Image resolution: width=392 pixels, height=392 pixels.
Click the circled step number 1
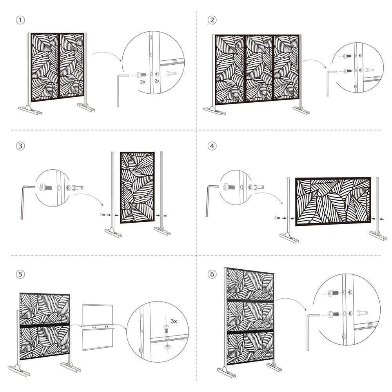[19, 20]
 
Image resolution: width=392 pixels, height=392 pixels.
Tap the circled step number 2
[212, 20]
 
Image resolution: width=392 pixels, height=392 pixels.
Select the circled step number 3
[19, 146]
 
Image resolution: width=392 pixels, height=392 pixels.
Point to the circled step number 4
[212, 146]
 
